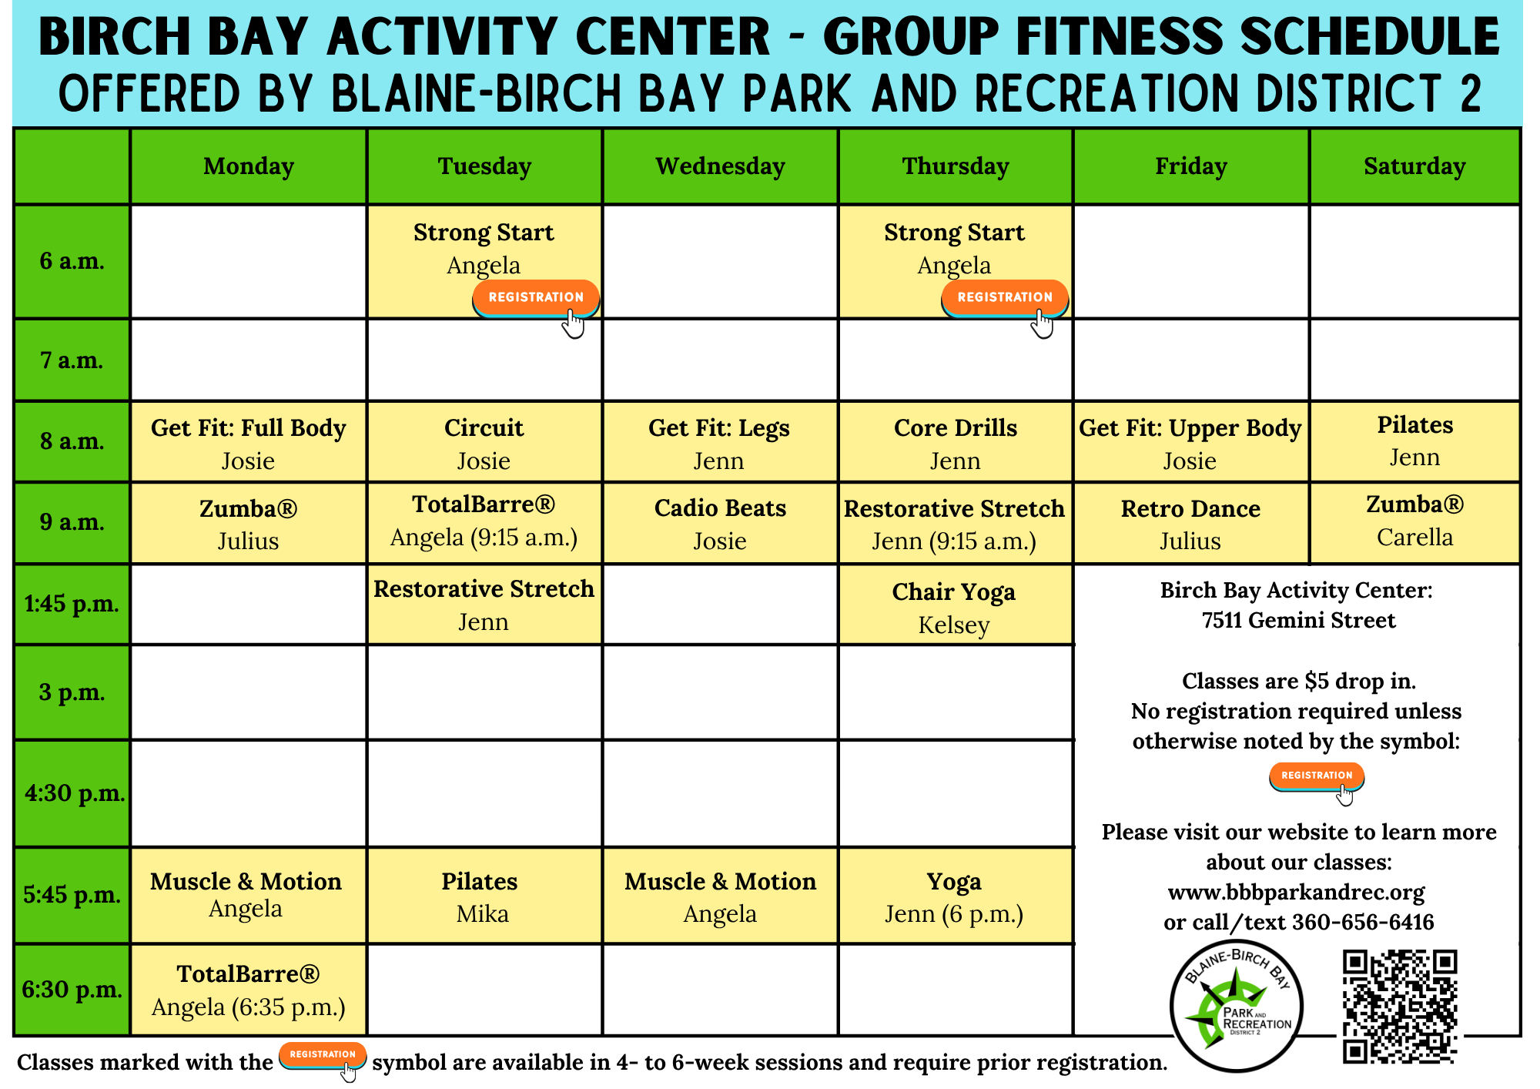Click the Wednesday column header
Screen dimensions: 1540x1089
pos(720,166)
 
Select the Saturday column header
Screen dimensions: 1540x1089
pos(1414,166)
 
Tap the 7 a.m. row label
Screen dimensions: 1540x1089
pos(72,360)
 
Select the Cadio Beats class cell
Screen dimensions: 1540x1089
pos(720,524)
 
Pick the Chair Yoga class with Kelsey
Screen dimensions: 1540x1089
pos(955,605)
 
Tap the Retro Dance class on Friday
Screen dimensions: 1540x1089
pos(1190,524)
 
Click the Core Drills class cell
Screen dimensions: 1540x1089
pos(955,443)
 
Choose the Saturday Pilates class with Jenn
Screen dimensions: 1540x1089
pos(1414,441)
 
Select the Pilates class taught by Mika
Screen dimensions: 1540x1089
pos(484,896)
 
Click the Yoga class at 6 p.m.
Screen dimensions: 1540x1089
pos(955,896)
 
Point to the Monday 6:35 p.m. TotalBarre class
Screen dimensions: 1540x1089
pos(248,990)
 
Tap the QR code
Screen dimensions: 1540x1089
pos(1401,1007)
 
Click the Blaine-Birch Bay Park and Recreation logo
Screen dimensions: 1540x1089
pos(1236,1006)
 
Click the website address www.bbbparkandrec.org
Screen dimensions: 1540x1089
pos(1296,892)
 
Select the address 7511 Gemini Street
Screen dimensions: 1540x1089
pos(1298,620)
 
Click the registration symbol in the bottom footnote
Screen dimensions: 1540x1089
pos(323,1056)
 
